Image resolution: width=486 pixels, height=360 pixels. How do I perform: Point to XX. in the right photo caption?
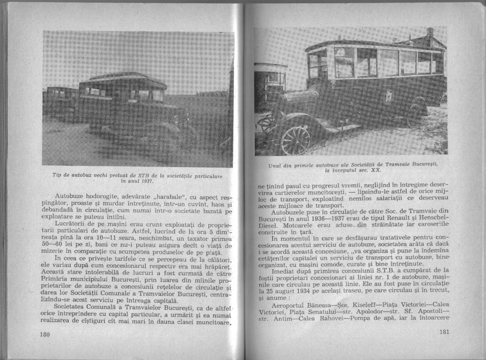pyautogui.click(x=375, y=170)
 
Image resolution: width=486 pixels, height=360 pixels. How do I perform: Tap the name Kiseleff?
pyautogui.click(x=361, y=304)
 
